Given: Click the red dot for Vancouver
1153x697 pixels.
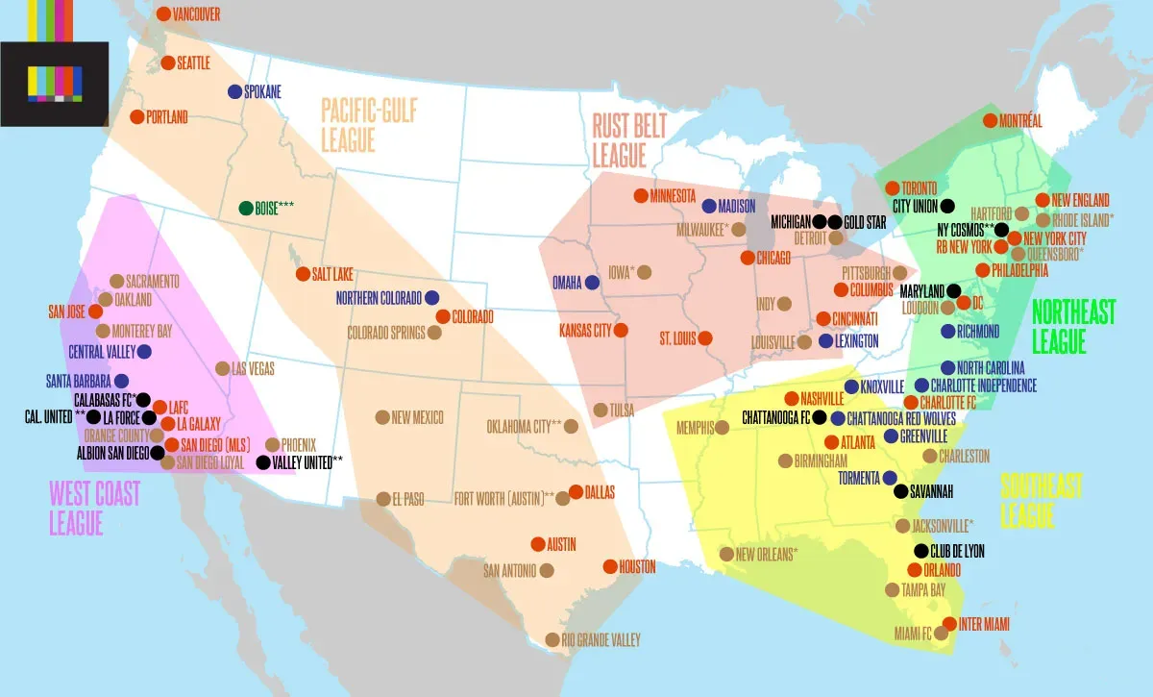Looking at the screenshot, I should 163,14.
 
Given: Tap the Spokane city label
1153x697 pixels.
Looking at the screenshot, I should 262,92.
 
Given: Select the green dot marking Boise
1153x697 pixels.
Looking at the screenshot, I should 246,208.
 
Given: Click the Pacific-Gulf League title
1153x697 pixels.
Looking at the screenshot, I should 369,125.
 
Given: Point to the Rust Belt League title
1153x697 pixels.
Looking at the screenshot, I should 629,139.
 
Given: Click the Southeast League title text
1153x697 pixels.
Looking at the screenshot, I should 1041,500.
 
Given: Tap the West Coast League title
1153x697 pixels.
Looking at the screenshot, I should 94,508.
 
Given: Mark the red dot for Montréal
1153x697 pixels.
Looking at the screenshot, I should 990,121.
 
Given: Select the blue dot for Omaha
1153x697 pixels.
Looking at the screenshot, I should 592,283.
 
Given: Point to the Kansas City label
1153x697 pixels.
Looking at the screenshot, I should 585,331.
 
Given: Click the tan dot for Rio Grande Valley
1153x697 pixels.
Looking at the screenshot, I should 552,639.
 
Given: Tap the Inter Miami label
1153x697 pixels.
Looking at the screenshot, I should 984,624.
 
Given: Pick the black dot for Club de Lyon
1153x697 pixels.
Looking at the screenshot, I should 921,552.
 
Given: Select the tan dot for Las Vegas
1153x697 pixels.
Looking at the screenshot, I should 223,368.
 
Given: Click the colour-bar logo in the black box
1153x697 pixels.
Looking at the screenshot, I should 55,85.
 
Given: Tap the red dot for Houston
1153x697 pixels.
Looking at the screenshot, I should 610,566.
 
